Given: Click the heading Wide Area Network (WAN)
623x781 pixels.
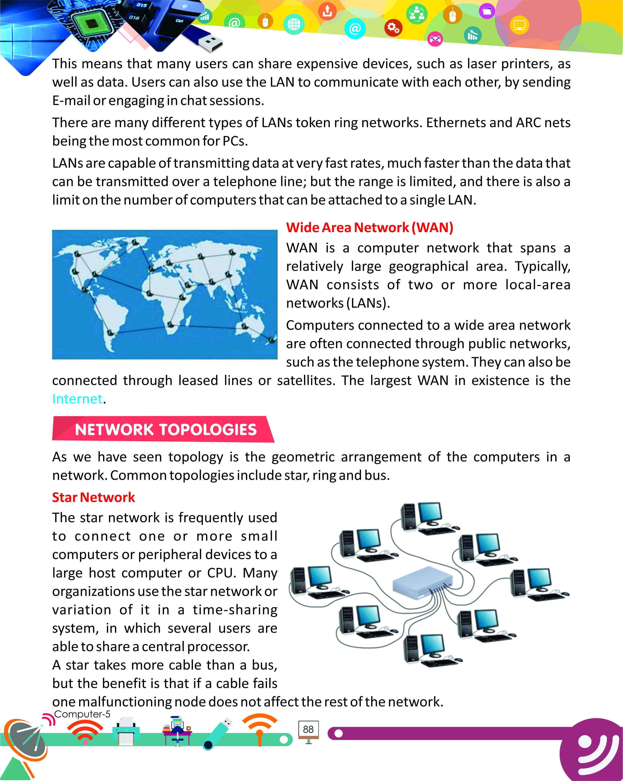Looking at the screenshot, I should [x=369, y=227].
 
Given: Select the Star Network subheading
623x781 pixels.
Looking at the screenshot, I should [x=93, y=497].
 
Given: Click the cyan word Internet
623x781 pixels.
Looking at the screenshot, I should [x=77, y=399].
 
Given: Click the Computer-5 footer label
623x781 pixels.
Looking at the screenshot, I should [x=82, y=714].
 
